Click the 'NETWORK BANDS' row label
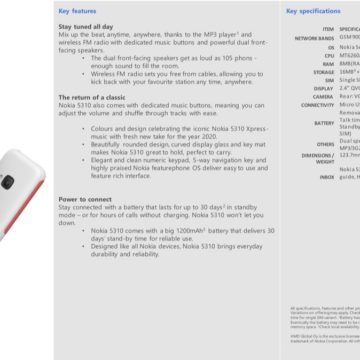(x=314, y=38)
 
